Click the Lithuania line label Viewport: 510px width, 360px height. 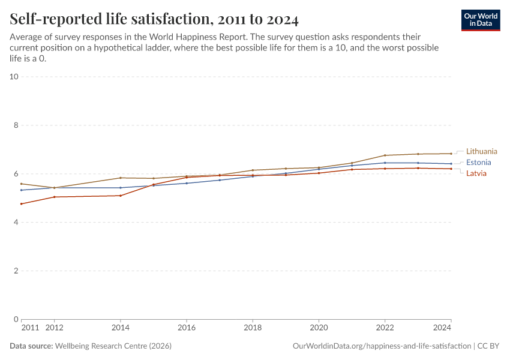point(481,151)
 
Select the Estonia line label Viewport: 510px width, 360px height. point(478,163)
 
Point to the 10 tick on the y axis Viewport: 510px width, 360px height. point(14,77)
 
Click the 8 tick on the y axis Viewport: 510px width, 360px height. point(16,125)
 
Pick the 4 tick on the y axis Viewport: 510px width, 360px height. point(16,222)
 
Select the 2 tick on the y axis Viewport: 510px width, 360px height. point(16,271)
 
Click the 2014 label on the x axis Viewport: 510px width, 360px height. point(121,328)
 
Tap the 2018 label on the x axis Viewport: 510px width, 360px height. point(253,328)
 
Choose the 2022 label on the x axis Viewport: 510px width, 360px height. point(385,328)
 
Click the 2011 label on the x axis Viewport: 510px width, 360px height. point(29,328)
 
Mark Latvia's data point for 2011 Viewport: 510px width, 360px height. point(22,204)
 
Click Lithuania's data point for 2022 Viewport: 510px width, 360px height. point(385,155)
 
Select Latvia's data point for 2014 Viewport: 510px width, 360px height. point(121,196)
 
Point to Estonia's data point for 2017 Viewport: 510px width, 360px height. point(220,180)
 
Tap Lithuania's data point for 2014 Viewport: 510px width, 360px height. point(121,178)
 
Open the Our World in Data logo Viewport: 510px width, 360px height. point(481,20)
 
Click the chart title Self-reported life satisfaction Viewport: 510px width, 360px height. point(154,20)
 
